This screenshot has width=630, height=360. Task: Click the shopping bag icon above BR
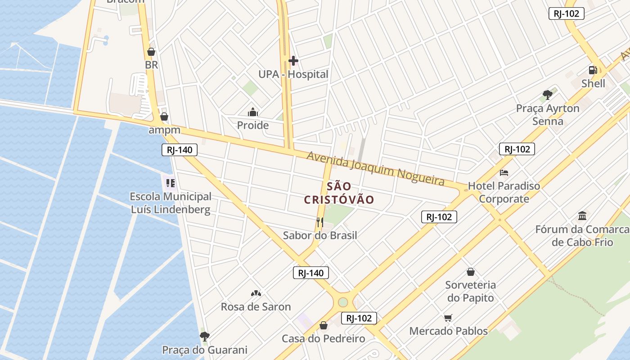tap(151, 52)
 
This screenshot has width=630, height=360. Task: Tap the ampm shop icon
tap(164, 117)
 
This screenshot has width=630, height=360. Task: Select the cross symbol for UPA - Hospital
tap(293, 61)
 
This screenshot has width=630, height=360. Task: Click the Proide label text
tap(253, 125)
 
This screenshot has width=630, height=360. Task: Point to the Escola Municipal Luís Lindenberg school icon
tap(170, 183)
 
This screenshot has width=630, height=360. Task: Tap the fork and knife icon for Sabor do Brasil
tap(320, 222)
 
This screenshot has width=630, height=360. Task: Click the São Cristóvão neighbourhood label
tap(339, 193)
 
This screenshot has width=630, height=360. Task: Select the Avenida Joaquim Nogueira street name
tap(375, 168)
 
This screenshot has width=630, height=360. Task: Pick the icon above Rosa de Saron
tap(256, 293)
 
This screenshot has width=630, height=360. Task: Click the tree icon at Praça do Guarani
tap(205, 336)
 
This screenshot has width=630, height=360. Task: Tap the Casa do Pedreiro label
tap(323, 338)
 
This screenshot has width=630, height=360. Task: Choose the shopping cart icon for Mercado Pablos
tap(448, 318)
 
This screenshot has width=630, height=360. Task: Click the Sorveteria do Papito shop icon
tap(470, 272)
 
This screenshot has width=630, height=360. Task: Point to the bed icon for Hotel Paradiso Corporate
tap(504, 173)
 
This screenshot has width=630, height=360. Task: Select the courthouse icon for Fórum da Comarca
tap(582, 216)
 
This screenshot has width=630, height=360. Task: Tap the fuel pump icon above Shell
tap(593, 70)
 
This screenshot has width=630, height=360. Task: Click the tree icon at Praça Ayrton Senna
tap(548, 95)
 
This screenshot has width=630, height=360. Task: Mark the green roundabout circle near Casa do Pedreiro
tap(343, 302)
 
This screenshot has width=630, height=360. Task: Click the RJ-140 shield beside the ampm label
tap(179, 150)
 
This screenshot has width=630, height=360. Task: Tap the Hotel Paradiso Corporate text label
tap(504, 192)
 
